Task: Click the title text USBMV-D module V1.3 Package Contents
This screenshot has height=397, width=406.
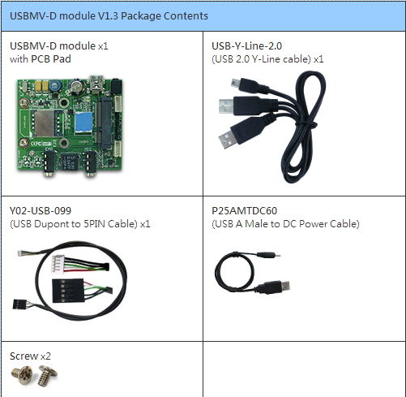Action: tap(109, 16)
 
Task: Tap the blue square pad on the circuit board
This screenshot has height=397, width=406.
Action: tap(84, 123)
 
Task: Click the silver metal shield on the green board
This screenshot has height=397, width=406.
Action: tap(45, 123)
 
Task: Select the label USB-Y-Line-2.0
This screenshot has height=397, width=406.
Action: tap(246, 46)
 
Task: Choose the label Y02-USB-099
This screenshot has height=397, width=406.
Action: tap(41, 211)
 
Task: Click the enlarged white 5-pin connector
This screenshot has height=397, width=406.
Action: tap(58, 264)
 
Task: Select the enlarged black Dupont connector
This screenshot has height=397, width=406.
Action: tap(67, 291)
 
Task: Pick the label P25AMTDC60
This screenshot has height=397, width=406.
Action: tap(244, 211)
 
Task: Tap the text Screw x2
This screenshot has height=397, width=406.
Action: tap(30, 356)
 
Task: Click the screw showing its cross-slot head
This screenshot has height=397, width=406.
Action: tap(22, 375)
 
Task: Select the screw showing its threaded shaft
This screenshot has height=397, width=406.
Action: tap(47, 375)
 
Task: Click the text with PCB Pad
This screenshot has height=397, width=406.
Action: tap(41, 59)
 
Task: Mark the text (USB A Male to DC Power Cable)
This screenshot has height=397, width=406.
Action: tap(285, 224)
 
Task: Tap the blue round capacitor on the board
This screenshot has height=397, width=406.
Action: tap(55, 85)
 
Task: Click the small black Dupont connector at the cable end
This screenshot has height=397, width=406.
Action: tap(19, 304)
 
